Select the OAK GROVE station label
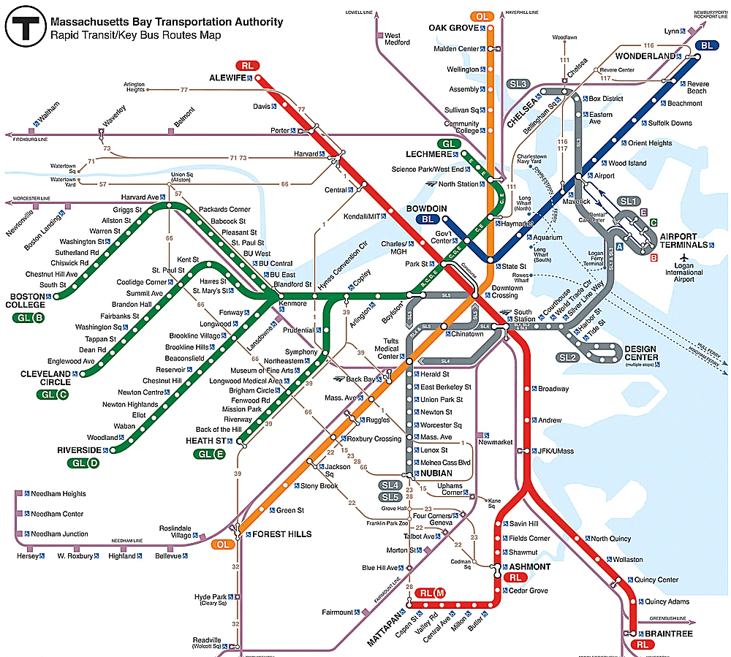(x=453, y=28)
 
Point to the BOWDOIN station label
(x=421, y=208)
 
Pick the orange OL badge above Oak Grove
(x=482, y=16)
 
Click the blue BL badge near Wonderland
(x=706, y=45)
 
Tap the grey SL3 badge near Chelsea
(x=518, y=84)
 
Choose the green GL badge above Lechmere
(x=447, y=143)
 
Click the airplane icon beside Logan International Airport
(x=684, y=258)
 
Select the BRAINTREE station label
(x=667, y=634)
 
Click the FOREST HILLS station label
(x=282, y=534)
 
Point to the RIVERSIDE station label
(x=79, y=450)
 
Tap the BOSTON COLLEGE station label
(x=28, y=300)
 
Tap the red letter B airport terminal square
(x=654, y=257)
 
